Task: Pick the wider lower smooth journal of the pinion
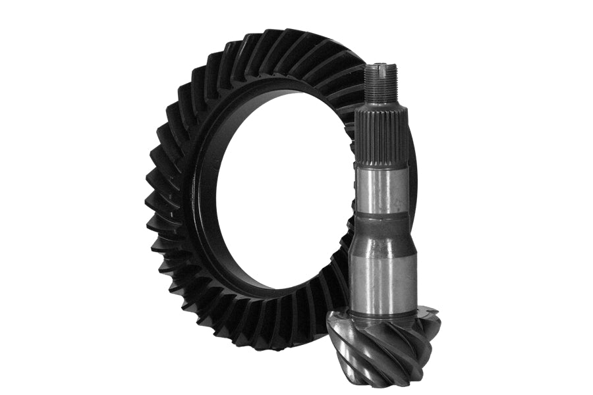point(383,270)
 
